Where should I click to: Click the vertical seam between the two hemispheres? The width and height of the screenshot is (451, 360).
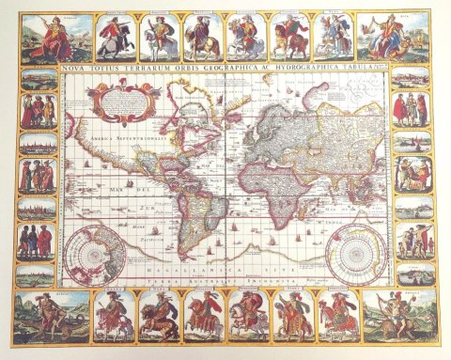coord(222,169)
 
